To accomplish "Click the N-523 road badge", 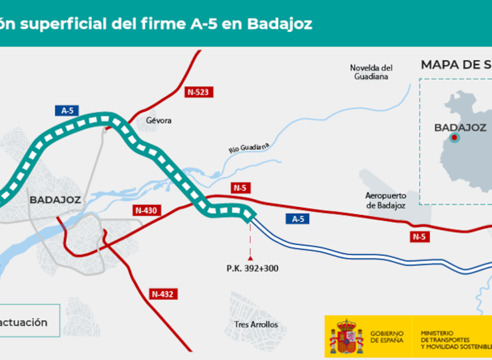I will [198, 92].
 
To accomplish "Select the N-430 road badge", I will [146, 210].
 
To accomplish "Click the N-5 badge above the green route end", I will [240, 188].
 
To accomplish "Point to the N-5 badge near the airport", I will [419, 236].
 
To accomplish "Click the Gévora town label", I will [158, 120].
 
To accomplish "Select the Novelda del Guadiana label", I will [371, 72].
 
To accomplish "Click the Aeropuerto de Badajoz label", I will [385, 200].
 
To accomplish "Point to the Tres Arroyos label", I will [256, 325].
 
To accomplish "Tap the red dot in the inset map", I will [455, 138].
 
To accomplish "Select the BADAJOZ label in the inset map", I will [460, 127].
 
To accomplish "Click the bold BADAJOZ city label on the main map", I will [55, 199].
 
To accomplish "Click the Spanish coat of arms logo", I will [347, 335].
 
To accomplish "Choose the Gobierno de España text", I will [387, 336].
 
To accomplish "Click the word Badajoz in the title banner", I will [279, 24].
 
